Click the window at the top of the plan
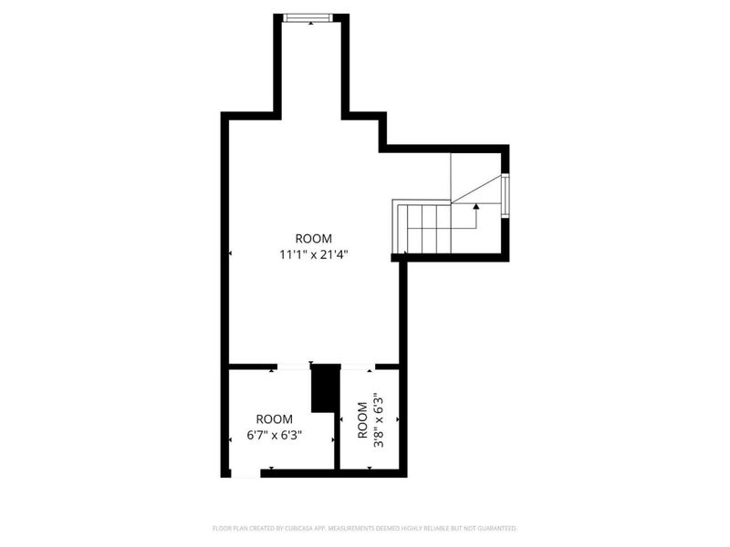(310, 16)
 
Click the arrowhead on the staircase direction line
(475, 208)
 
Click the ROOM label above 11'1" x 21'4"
(313, 239)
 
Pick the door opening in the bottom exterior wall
(246, 472)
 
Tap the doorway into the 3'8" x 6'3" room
(357, 366)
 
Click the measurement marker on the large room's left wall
(230, 253)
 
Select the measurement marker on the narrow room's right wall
(398, 419)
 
